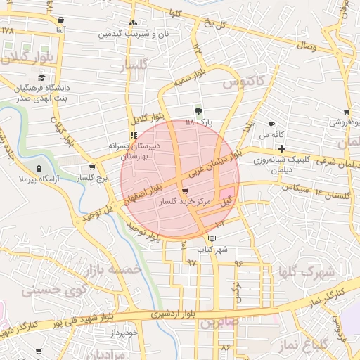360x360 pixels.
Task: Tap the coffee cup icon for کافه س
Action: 272,124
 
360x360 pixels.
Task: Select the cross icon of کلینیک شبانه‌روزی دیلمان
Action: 282,148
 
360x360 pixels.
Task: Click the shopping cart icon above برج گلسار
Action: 92,167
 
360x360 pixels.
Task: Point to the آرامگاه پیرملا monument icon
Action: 39,167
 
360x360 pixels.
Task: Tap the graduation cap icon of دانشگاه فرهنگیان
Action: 41,77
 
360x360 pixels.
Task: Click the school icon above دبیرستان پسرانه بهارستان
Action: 134,135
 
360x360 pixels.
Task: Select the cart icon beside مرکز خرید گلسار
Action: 184,191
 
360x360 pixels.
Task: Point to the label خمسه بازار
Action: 112,270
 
